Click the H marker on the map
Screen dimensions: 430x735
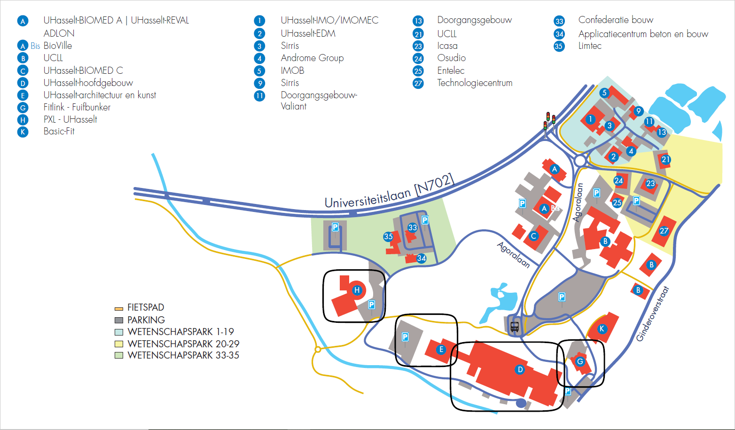(357, 290)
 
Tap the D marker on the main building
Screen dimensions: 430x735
(520, 369)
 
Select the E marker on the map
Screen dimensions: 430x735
(441, 349)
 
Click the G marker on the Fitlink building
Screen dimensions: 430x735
(580, 361)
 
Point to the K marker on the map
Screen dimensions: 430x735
(602, 329)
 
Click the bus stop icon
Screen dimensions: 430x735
(515, 327)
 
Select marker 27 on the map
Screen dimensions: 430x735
(664, 231)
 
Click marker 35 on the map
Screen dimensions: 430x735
(388, 236)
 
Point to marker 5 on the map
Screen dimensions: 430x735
(604, 93)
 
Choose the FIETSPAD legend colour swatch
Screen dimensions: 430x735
(119, 308)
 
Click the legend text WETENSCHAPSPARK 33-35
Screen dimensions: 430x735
(183, 355)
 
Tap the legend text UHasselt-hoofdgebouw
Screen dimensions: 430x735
(88, 83)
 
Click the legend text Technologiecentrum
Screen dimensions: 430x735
(475, 83)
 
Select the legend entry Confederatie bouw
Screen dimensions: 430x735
(616, 20)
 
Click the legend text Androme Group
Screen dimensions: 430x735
(312, 58)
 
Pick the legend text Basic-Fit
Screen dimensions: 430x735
(59, 131)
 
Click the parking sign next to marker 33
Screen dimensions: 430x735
(425, 220)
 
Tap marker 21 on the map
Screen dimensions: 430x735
(665, 159)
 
